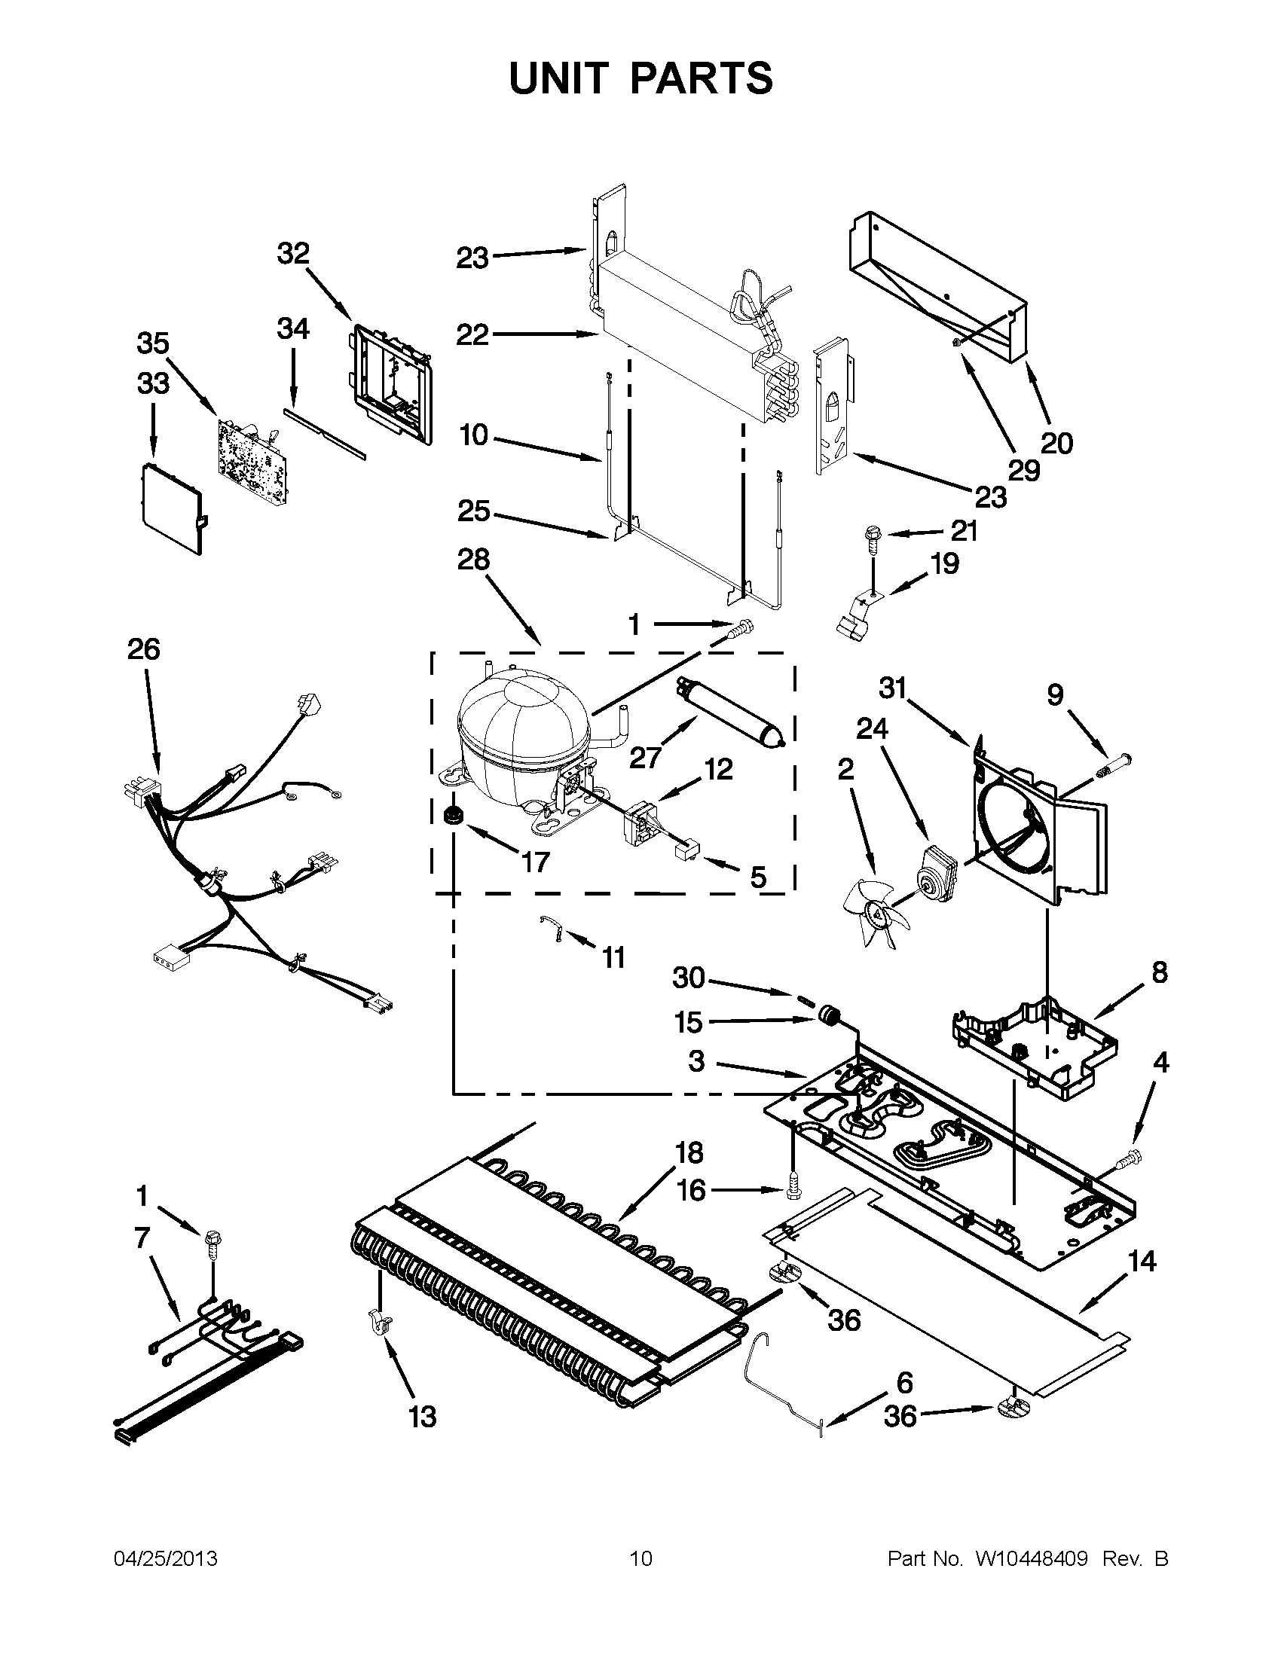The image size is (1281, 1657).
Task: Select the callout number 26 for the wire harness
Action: click(x=143, y=649)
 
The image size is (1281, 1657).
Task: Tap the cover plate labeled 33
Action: click(x=173, y=505)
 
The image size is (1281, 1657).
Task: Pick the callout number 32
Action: click(x=293, y=253)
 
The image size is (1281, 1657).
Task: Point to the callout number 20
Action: click(x=1056, y=442)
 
